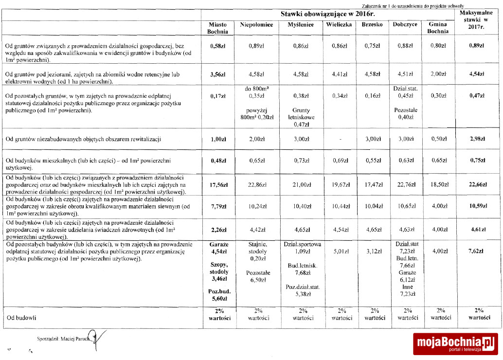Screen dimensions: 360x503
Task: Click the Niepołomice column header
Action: [x=256, y=25]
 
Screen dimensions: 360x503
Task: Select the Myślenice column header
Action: [x=300, y=25]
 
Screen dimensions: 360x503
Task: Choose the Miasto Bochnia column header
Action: [x=218, y=28]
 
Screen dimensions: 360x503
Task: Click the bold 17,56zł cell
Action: [x=218, y=185]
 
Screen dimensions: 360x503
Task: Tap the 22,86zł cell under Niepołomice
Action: [x=256, y=185]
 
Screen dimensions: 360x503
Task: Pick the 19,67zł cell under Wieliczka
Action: [x=339, y=185]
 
